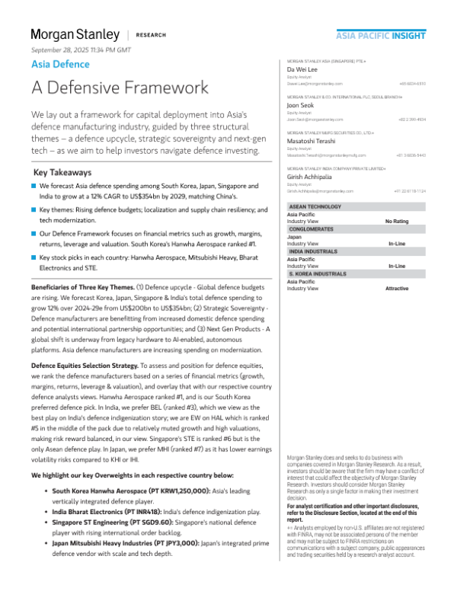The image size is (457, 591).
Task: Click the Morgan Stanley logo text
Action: [75, 35]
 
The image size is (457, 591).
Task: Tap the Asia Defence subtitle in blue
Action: [60, 65]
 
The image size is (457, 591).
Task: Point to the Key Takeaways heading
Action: [66, 172]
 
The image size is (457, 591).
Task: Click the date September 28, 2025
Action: [81, 50]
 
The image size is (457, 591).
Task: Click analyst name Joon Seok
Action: [301, 105]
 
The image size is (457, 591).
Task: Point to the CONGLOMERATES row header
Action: [315, 228]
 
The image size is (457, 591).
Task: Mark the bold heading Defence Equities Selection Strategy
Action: [96, 366]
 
